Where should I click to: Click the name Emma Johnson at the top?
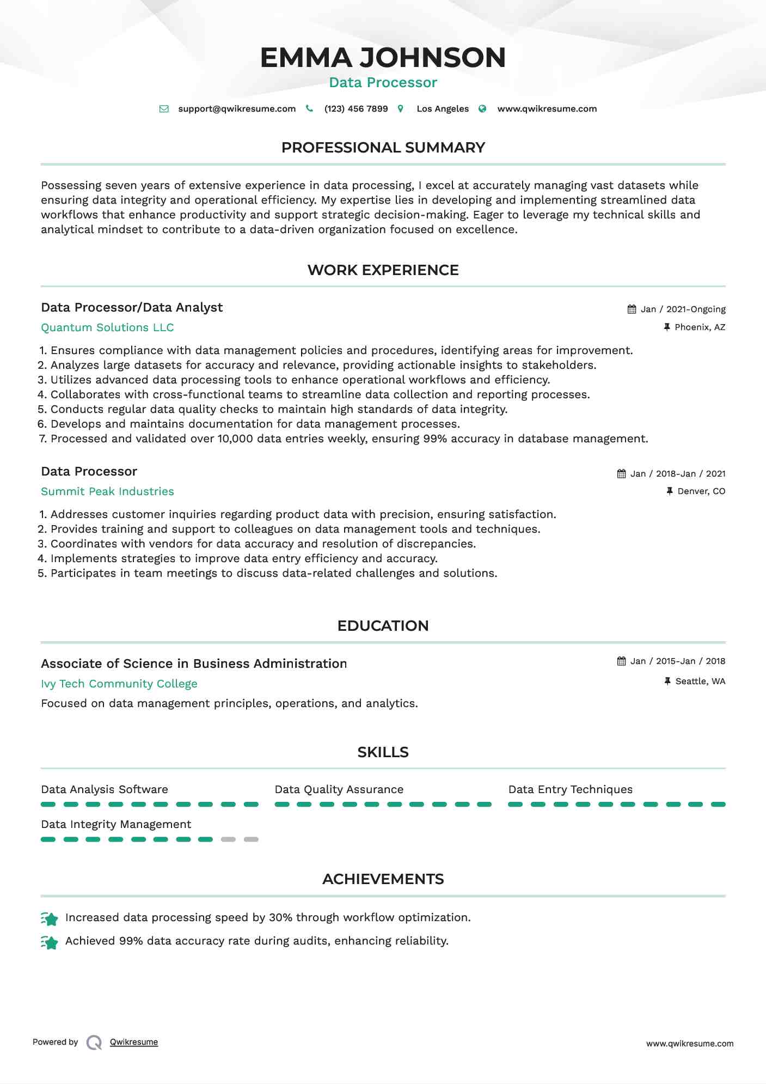point(383,58)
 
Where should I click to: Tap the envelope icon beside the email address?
point(164,109)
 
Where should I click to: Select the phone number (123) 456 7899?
point(356,109)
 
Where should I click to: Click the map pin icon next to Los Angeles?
point(401,109)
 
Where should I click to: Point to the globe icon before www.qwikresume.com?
point(482,109)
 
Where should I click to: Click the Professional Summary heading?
point(383,148)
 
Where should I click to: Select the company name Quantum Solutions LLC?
point(107,327)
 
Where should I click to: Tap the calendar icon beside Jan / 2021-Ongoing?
point(632,309)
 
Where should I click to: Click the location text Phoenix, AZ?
point(700,327)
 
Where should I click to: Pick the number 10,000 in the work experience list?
point(235,439)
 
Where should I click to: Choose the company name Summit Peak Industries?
point(107,491)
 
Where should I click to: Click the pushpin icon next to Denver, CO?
point(670,491)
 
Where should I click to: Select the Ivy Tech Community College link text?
point(119,684)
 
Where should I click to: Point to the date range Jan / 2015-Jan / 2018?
point(677,661)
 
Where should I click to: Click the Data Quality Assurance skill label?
point(339,789)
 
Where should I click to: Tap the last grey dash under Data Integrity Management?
point(251,839)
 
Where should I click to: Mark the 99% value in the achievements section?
point(131,941)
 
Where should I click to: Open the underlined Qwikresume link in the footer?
point(134,1042)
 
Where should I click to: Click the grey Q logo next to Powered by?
point(94,1043)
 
